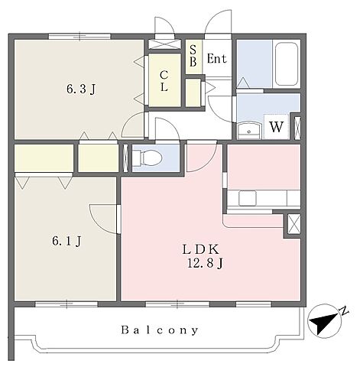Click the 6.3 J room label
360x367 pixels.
click(81, 89)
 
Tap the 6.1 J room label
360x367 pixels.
click(66, 241)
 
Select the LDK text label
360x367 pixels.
click(201, 249)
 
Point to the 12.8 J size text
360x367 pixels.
click(206, 263)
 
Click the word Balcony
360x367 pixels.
click(160, 330)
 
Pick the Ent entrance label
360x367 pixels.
click(216, 59)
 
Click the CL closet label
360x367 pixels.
click(164, 81)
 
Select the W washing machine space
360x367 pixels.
click(276, 127)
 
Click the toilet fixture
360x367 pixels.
click(148, 158)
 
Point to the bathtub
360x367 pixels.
click(287, 63)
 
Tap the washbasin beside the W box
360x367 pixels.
click(249, 131)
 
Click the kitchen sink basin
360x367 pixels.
click(247, 198)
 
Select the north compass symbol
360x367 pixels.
click(324, 321)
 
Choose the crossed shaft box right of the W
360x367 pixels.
click(297, 128)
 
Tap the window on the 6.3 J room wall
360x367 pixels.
click(79, 36)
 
